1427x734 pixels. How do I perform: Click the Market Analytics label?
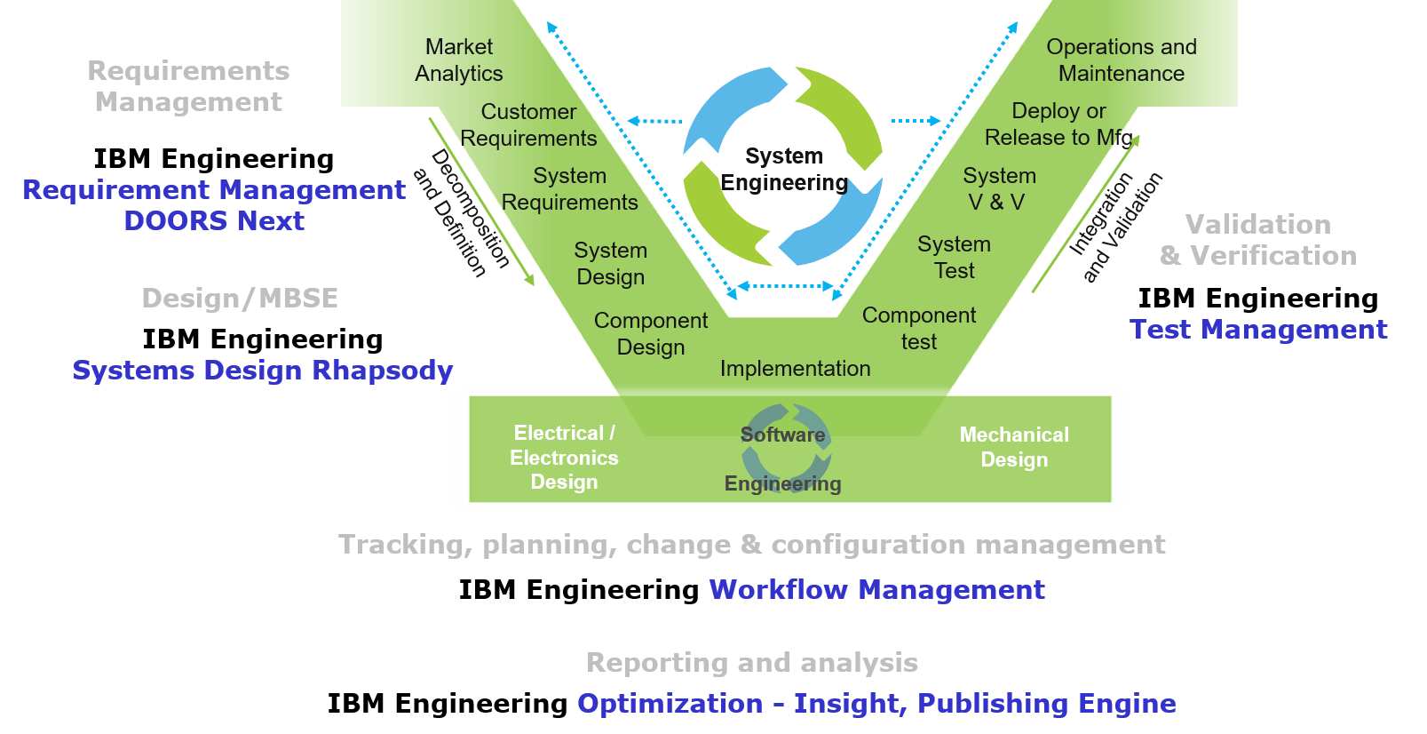click(459, 60)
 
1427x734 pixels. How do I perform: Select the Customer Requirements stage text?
click(529, 125)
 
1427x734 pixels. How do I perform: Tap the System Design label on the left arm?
click(611, 264)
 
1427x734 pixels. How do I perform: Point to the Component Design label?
click(651, 333)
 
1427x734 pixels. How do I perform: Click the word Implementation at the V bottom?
click(795, 369)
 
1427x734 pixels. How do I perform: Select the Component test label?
click(919, 328)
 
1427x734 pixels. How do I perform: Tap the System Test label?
click(955, 257)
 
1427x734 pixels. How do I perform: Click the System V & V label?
click(999, 188)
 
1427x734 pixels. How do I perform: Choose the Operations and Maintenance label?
click(1121, 60)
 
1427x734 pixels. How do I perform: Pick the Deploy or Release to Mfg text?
click(1057, 124)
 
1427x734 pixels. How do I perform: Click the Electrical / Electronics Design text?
click(564, 458)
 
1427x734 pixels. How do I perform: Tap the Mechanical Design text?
click(1014, 447)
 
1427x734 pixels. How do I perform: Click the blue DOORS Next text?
click(214, 220)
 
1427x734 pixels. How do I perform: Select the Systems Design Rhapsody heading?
click(263, 370)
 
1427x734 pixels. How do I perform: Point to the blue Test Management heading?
click(1258, 330)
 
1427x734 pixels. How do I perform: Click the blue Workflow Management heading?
click(876, 590)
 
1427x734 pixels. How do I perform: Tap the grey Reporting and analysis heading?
click(752, 663)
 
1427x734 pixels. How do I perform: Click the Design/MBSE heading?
click(240, 299)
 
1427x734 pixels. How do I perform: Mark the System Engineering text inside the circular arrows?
click(783, 169)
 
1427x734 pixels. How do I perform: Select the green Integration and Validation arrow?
click(1085, 214)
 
